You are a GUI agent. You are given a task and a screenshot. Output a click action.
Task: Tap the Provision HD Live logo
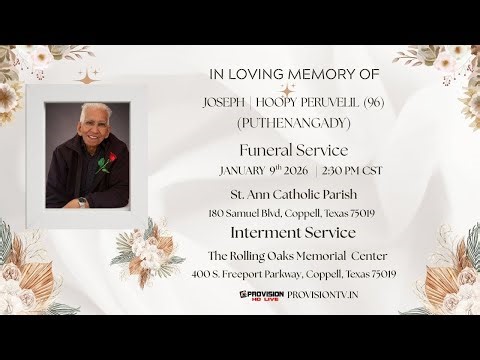tap(261, 295)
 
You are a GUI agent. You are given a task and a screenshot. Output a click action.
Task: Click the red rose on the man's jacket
tap(111, 159)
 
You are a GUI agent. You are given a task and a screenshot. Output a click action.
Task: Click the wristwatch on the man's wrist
tap(82, 201)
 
